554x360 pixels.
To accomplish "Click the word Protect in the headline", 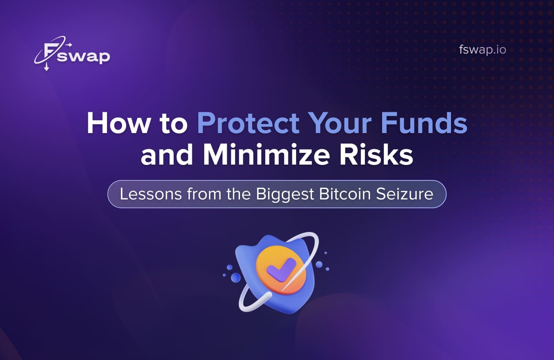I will point(248,123).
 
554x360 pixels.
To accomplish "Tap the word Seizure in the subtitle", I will point(405,194).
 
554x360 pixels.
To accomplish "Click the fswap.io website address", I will point(482,49).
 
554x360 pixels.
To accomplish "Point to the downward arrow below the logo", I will point(47,67).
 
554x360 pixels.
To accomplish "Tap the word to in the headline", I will point(174,123).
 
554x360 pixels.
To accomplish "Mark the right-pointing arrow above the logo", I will point(69,44).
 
